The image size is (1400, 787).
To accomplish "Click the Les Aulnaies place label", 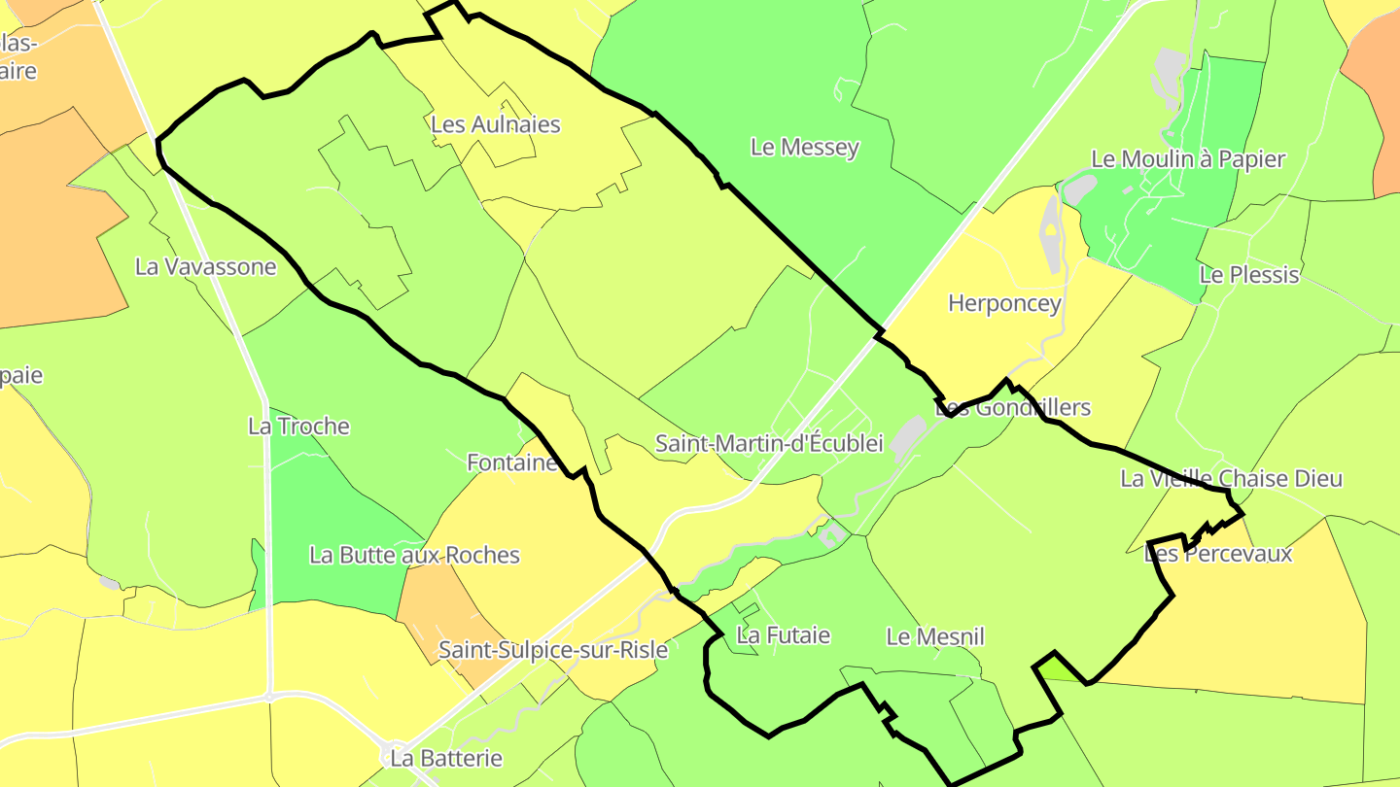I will point(496,125).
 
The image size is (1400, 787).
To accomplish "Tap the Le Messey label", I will point(805,148).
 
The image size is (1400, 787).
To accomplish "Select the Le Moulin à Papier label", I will point(1188,159).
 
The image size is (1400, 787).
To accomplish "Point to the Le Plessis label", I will point(1249,275).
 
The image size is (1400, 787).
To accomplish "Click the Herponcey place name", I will point(1004,304).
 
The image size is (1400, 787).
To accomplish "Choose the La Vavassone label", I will point(206,267).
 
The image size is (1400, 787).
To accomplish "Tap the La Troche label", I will point(298,427).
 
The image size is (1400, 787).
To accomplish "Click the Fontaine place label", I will point(512,463).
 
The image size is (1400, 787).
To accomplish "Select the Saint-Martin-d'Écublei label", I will point(769,444).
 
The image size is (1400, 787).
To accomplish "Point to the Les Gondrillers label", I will point(1013,408).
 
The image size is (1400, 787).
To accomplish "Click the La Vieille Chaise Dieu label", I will point(1231,479).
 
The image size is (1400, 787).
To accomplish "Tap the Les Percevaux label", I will point(1218,555).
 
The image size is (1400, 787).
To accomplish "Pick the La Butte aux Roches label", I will point(414,556).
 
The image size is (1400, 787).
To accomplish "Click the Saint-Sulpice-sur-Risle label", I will point(553,650).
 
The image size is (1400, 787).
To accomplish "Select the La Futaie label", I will point(784,636).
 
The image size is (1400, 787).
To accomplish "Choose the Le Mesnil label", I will point(935,637).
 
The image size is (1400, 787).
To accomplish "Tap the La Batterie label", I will point(446,758).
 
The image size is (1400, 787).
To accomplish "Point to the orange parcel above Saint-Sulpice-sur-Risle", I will point(437,612).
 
